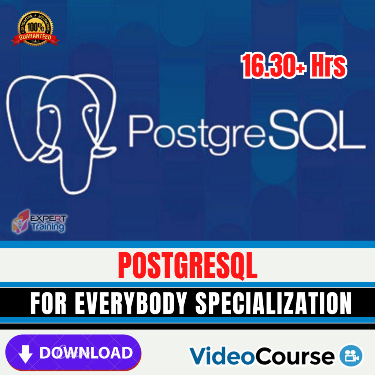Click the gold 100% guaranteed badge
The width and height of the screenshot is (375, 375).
tap(34, 29)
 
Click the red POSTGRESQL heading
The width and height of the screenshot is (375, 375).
tap(187, 266)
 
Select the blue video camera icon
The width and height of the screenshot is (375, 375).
tap(351, 355)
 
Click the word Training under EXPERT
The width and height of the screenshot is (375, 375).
tap(47, 226)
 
